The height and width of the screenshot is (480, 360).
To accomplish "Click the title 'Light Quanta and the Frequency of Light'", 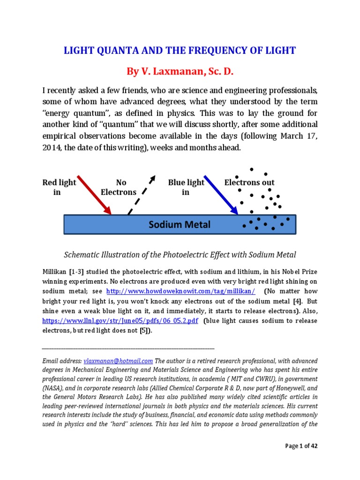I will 180,51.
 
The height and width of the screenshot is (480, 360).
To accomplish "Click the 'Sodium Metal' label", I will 180,225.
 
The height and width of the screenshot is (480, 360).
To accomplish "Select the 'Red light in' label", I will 59,187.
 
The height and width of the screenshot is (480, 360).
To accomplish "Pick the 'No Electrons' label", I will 119,187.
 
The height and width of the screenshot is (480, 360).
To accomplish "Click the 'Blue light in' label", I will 186,187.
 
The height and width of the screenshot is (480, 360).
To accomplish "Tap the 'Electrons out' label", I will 249,182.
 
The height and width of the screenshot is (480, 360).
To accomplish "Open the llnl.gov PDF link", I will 120,321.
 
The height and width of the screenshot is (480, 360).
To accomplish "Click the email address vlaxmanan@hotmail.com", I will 118,361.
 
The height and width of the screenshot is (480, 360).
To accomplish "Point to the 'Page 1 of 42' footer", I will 301,446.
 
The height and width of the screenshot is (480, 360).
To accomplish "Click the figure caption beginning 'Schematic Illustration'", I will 180,255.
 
